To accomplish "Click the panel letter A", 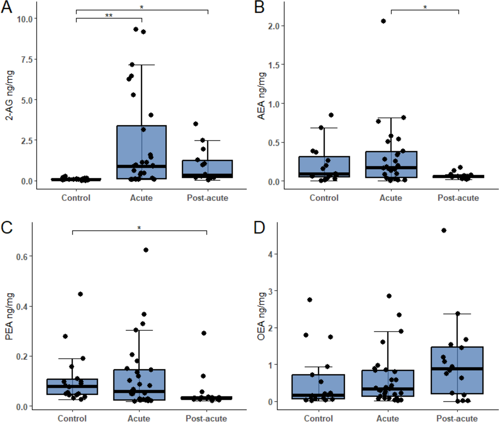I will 7,7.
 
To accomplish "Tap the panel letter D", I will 259,227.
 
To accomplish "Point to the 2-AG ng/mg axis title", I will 10,96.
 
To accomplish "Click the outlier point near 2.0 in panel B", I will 383,21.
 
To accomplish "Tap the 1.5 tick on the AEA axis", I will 274,65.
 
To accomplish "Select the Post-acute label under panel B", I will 458,198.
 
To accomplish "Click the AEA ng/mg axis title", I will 262,96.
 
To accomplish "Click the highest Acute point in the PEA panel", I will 146,250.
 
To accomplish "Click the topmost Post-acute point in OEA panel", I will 444,231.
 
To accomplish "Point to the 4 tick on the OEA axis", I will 270,254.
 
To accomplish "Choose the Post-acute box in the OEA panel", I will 457,370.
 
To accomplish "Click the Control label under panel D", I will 318,418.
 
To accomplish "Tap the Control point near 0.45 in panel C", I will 80,294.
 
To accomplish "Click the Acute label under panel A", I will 141,198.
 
